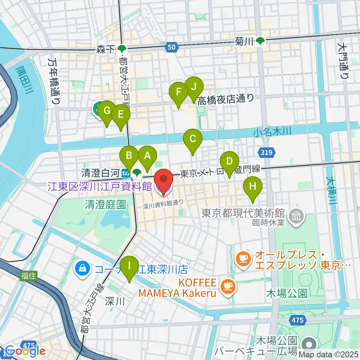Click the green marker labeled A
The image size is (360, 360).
click(147, 155)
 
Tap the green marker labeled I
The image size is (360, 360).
click(129, 266)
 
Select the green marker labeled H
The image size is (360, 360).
click(253, 186)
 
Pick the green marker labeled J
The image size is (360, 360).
click(193, 87)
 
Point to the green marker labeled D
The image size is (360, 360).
click(229, 162)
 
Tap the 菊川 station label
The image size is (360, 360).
click(250, 42)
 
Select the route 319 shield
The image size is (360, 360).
click(267, 152)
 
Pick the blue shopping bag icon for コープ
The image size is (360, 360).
click(81, 268)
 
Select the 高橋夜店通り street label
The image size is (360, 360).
click(226, 99)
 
